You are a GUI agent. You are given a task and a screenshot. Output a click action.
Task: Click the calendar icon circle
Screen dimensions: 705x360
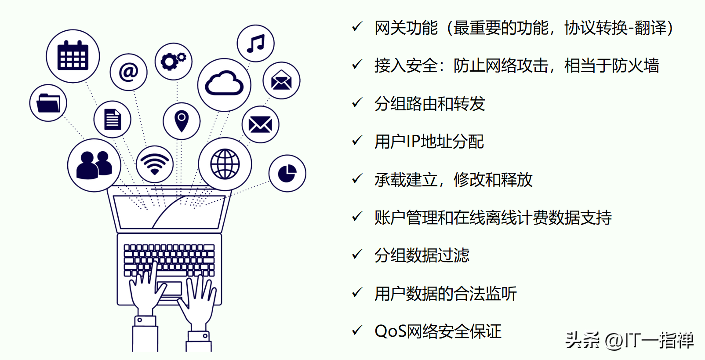[73, 56]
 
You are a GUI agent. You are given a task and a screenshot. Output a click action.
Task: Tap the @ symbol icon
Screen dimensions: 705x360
[128, 72]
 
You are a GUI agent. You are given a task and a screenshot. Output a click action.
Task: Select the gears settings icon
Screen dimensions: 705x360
[174, 62]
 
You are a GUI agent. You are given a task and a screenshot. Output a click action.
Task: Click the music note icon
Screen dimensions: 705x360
[255, 44]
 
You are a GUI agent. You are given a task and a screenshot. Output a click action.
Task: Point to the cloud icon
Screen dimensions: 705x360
[224, 84]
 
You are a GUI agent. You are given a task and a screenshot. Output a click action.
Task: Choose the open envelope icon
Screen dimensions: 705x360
[281, 81]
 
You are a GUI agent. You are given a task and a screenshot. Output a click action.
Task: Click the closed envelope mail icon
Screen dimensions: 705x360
[260, 124]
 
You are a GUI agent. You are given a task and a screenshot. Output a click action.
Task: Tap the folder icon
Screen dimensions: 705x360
[48, 103]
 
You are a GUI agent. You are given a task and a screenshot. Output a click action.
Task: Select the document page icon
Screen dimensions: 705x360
[112, 120]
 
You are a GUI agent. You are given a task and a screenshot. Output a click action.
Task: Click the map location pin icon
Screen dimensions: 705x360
[182, 121]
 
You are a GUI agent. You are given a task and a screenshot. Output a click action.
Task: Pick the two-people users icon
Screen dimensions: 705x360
[94, 165]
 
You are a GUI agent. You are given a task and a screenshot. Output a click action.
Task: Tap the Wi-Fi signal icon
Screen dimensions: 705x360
[155, 164]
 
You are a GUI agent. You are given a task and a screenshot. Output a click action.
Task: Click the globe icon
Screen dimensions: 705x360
[225, 164]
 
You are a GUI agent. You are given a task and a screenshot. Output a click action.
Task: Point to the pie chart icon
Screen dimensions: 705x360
[287, 173]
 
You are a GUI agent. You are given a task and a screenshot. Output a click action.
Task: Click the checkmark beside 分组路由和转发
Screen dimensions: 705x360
[357, 103]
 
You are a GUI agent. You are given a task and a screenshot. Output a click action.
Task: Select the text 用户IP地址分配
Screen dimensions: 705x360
[429, 142]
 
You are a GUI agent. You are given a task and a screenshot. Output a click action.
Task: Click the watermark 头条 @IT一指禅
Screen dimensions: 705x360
[629, 340]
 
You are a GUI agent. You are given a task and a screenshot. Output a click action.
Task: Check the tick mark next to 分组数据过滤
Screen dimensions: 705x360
[357, 255]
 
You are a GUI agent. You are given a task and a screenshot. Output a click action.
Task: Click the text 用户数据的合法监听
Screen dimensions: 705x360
[445, 294]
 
